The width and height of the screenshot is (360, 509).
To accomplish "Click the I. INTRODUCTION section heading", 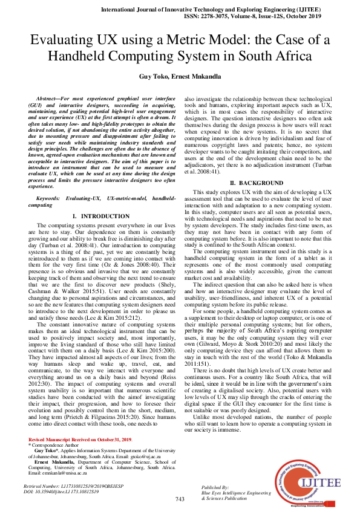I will pyautogui.click(x=100, y=216).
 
